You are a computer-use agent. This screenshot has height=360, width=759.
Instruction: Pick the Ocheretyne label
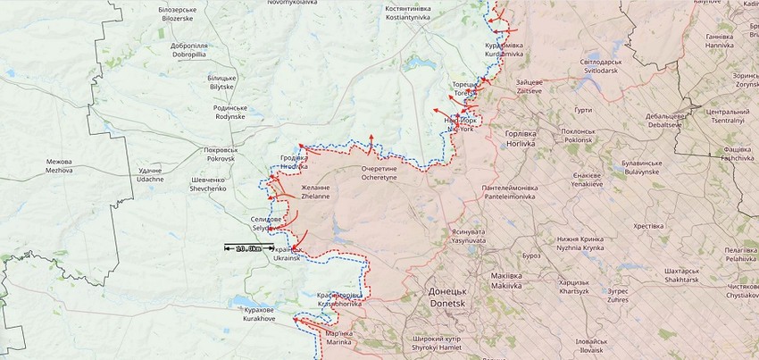tap(384, 173)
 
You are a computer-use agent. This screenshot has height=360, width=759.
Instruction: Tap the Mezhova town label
tap(59, 166)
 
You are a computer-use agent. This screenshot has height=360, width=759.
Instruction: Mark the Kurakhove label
tap(259, 314)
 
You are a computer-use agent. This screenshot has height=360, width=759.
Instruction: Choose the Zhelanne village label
tap(314, 191)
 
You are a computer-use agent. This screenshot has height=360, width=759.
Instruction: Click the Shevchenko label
tap(208, 185)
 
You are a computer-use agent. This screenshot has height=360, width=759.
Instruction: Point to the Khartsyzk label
tap(573, 287)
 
